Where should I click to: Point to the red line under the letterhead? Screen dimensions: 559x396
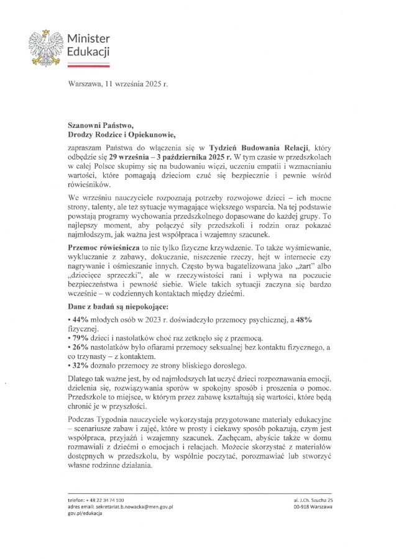(88, 64)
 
